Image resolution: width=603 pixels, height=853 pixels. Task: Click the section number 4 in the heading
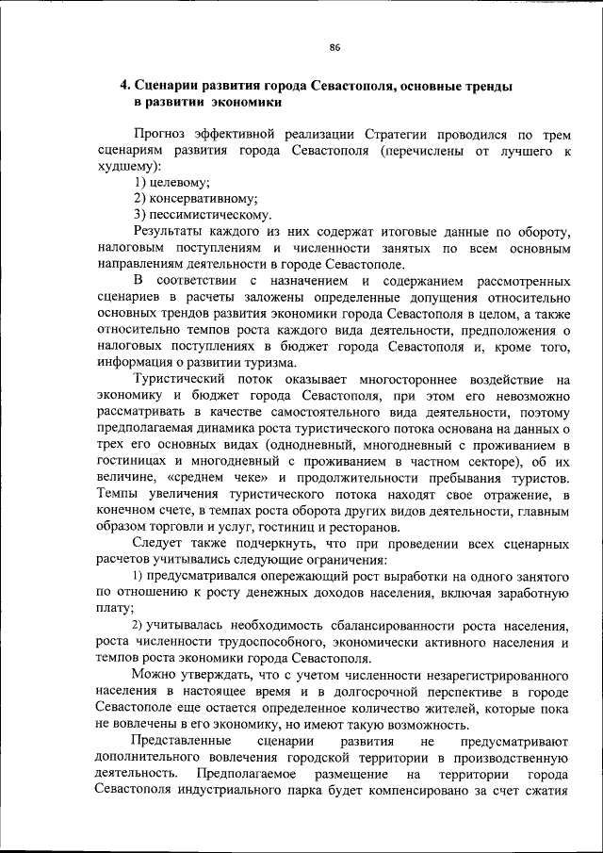tap(123, 85)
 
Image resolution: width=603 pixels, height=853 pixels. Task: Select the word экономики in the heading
tap(242, 101)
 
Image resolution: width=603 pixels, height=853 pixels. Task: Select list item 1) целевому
tap(171, 182)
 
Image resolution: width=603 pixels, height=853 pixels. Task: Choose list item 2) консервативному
tap(195, 198)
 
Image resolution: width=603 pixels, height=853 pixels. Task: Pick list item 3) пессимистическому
tap(203, 215)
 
